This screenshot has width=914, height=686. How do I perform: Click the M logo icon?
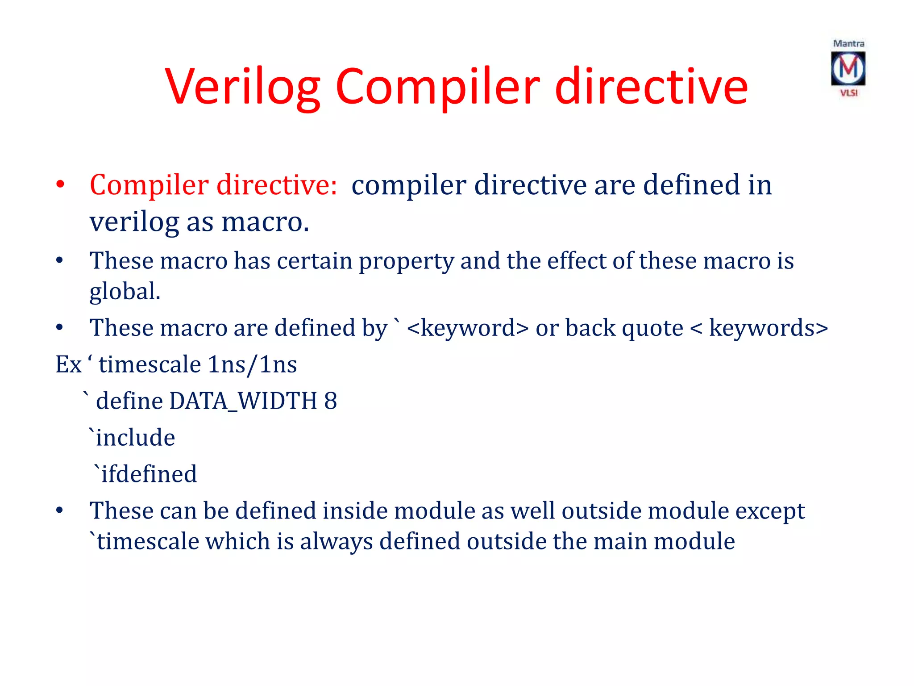(x=848, y=68)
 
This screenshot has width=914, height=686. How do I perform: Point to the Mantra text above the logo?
(x=848, y=44)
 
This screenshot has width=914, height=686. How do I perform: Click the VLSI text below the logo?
(x=849, y=93)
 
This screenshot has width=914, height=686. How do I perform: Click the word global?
(x=125, y=291)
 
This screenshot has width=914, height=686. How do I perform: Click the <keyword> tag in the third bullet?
(x=468, y=328)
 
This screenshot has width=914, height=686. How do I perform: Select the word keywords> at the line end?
(x=769, y=328)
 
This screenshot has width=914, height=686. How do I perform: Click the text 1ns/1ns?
(x=252, y=364)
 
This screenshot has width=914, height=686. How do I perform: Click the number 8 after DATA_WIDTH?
(x=331, y=401)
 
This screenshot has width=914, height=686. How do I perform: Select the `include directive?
(x=132, y=437)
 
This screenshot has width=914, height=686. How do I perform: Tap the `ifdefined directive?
(x=145, y=474)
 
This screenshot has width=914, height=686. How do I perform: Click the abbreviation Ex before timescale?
(x=68, y=364)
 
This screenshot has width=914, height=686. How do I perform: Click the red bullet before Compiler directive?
(x=60, y=184)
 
